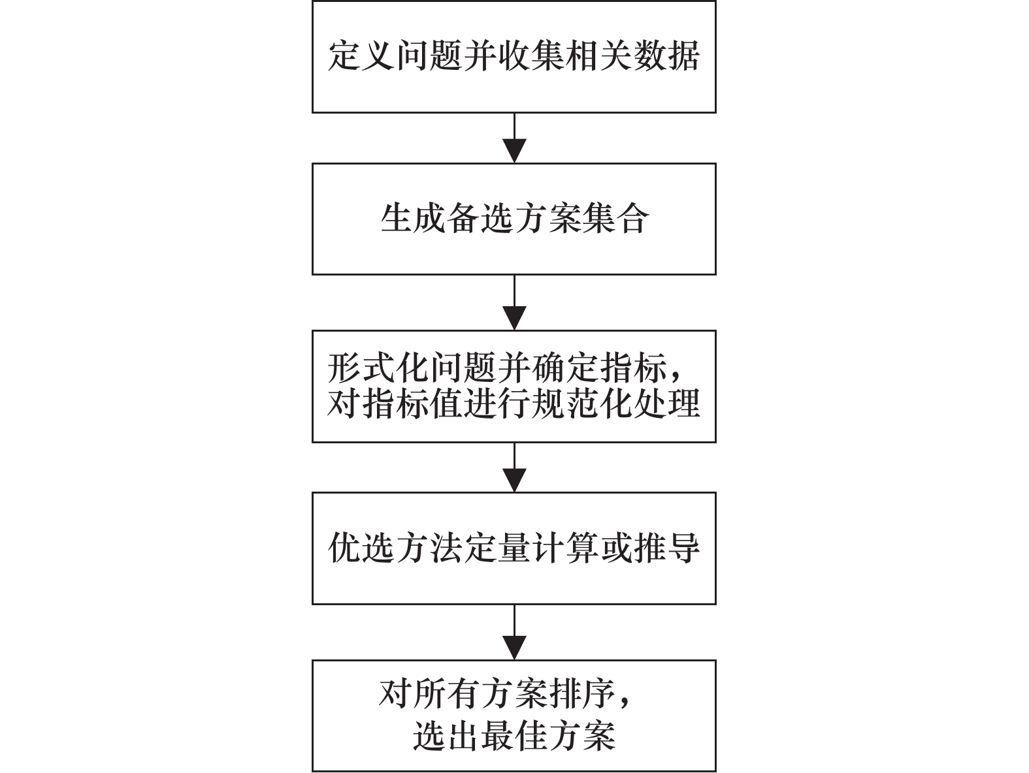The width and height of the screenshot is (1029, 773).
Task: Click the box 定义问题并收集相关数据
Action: coord(514,57)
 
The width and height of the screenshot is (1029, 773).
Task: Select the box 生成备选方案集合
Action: coord(514,219)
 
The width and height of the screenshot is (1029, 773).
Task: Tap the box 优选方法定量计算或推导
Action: coord(514,548)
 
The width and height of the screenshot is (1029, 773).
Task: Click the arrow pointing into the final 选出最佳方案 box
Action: coord(515,633)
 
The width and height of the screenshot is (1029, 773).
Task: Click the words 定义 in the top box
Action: coord(363,55)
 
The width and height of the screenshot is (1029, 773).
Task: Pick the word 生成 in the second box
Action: coord(414,218)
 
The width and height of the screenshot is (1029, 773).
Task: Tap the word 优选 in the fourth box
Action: coord(362,548)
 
